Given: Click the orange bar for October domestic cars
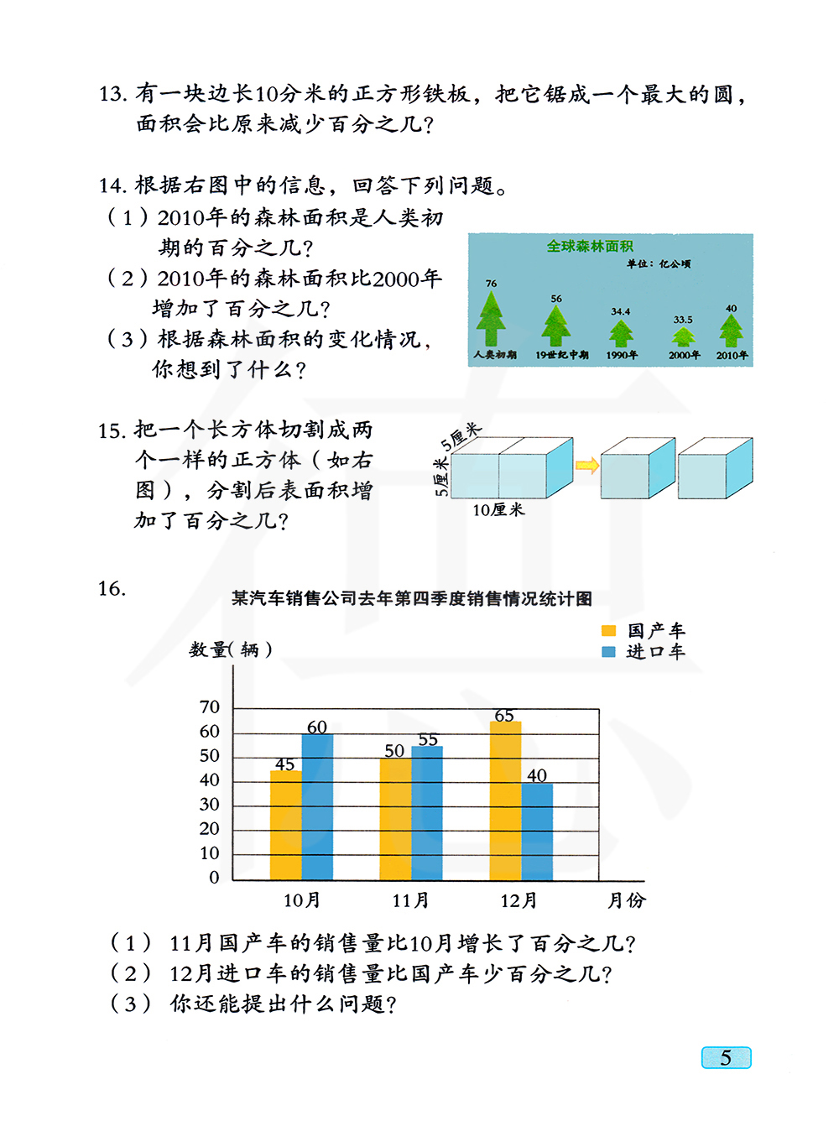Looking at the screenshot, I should pyautogui.click(x=285, y=825).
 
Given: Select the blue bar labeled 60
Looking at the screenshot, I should pyautogui.click(x=317, y=807).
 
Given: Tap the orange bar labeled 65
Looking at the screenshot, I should pyautogui.click(x=505, y=800).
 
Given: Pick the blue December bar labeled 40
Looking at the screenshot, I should pyautogui.click(x=537, y=832).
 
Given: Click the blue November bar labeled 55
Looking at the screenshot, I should pyautogui.click(x=427, y=812).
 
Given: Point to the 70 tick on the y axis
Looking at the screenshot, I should pyautogui.click(x=210, y=707).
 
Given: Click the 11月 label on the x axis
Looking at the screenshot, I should pyautogui.click(x=410, y=900).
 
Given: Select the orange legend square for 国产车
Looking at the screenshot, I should pyautogui.click(x=609, y=631).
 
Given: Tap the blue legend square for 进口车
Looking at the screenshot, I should pyautogui.click(x=609, y=652).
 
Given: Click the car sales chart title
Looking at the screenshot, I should pyautogui.click(x=412, y=598).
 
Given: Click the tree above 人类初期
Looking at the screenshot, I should pyautogui.click(x=492, y=319).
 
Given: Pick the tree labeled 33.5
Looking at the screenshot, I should pyautogui.click(x=684, y=336).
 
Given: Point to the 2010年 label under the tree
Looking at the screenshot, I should pyautogui.click(x=732, y=355).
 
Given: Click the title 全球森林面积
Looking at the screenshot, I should pyautogui.click(x=590, y=246).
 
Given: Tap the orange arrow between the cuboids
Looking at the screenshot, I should pyautogui.click(x=587, y=466).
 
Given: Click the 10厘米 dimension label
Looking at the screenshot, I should pyautogui.click(x=498, y=510).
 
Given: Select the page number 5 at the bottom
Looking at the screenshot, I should pyautogui.click(x=726, y=1057).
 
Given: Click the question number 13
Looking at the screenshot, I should pyautogui.click(x=112, y=94).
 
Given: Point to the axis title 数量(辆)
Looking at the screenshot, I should pyautogui.click(x=230, y=649).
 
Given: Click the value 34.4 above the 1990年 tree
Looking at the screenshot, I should pyautogui.click(x=621, y=311).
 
